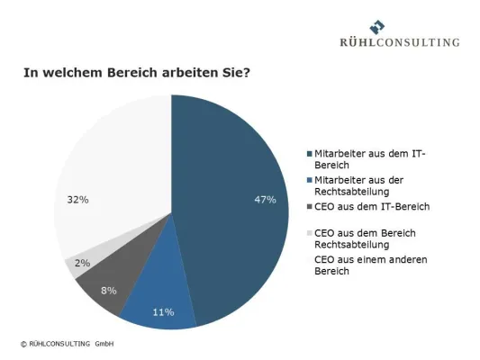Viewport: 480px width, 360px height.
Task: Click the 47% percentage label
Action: click(x=264, y=200)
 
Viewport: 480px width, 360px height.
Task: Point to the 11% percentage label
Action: click(x=162, y=312)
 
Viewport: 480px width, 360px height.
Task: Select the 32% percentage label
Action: click(x=77, y=199)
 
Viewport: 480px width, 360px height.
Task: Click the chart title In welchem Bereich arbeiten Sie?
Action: click(x=136, y=74)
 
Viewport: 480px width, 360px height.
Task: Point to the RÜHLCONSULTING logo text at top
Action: click(x=399, y=41)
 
